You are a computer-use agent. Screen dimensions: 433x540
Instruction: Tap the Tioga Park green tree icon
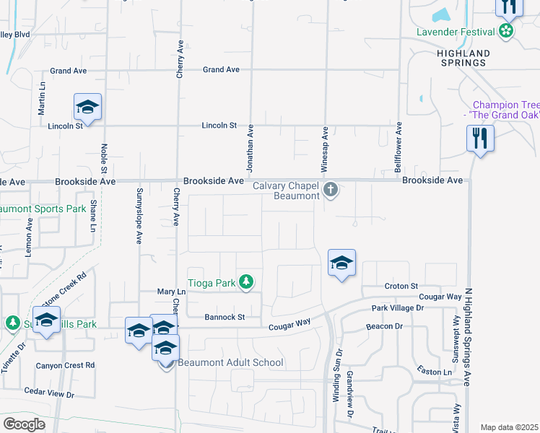pos(246,281)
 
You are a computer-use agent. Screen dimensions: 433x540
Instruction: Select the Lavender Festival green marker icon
pos(506,31)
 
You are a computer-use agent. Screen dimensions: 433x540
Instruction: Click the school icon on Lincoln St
pos(87,108)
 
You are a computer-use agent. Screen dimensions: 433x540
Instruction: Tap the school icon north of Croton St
pos(341,262)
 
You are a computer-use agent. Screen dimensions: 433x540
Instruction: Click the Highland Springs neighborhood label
pos(463,58)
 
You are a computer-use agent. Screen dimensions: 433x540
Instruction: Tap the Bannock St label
pos(225,317)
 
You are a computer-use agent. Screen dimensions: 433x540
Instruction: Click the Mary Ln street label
pos(171,292)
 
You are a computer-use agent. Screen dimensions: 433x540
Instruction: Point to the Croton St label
pos(401,287)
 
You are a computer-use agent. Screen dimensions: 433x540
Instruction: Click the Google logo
pos(24,424)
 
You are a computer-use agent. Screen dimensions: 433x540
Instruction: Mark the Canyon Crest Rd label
pos(60,365)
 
